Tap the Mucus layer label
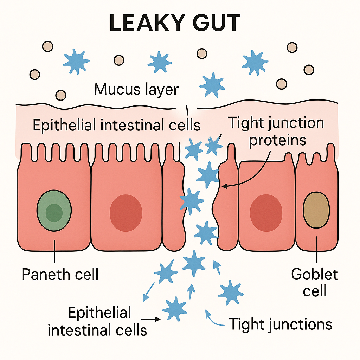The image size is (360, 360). [x=136, y=89]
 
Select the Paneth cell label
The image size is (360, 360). [x=60, y=274]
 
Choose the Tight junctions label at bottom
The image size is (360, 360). [x=281, y=324]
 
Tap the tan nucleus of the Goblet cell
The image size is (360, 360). [x=316, y=210]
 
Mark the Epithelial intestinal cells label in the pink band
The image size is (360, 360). [x=116, y=125]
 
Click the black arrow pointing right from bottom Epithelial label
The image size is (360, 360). [x=153, y=319]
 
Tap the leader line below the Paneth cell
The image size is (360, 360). [x=54, y=251]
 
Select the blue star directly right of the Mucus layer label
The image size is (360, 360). [x=212, y=85]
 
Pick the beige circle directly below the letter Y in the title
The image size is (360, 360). [x=202, y=53]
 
